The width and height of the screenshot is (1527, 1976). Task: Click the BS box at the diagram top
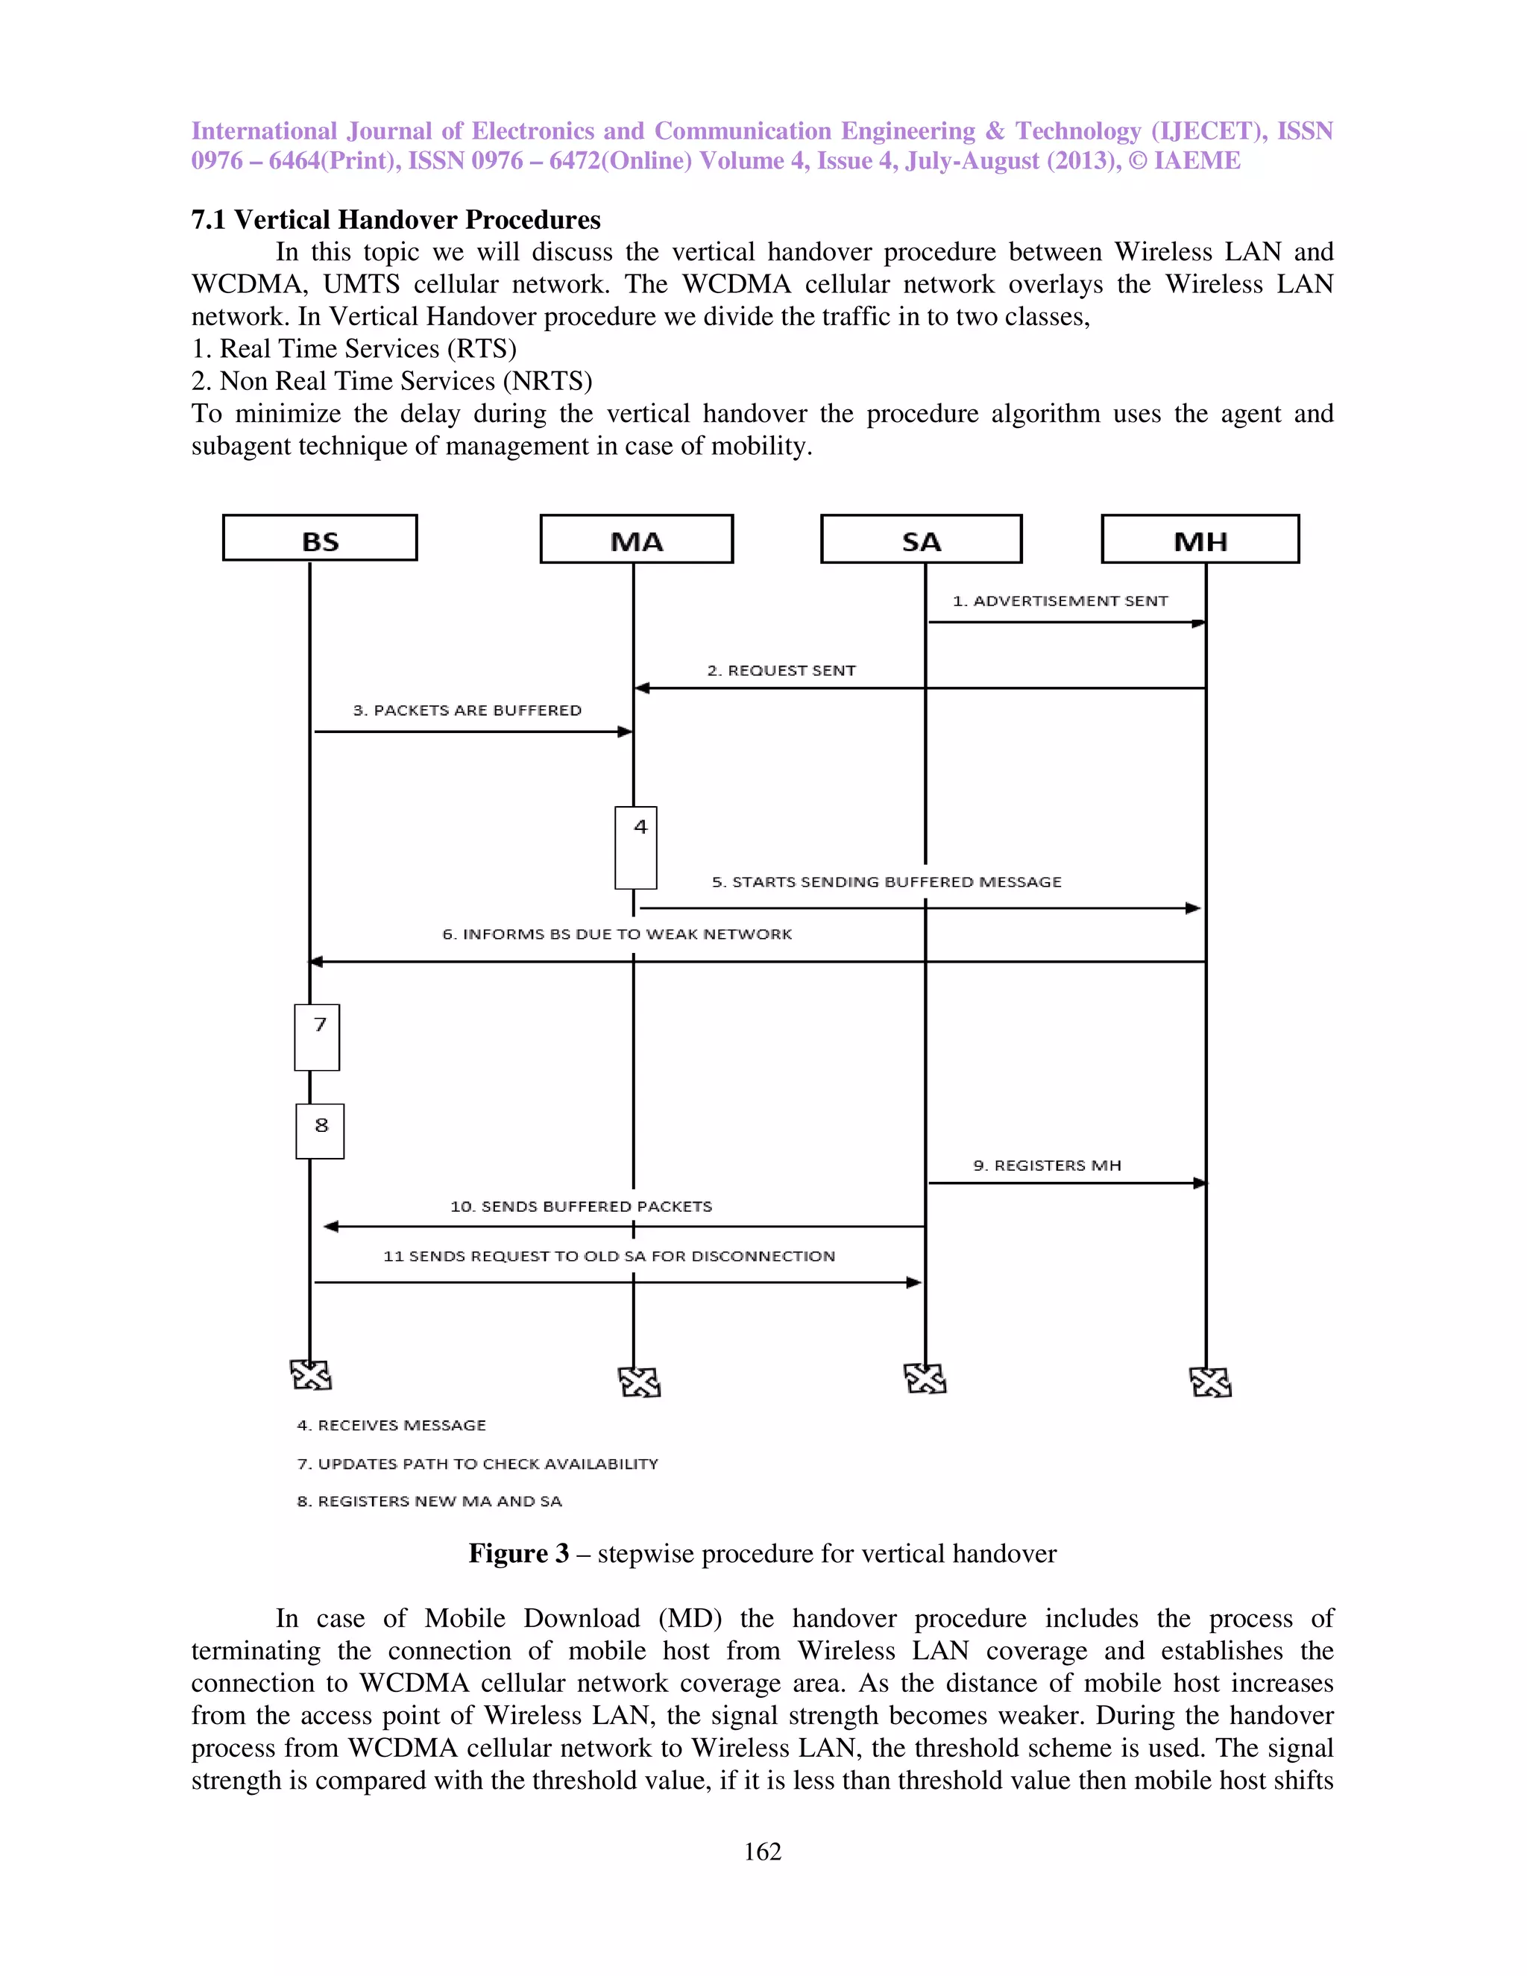tap(319, 538)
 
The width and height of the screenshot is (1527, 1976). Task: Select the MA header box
tap(636, 539)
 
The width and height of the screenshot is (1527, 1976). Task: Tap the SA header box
tap(921, 539)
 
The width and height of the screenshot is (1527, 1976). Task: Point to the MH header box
tap(1200, 539)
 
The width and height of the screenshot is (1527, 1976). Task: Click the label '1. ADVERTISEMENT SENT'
tap(1060, 601)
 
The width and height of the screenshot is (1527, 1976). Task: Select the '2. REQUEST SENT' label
tap(781, 670)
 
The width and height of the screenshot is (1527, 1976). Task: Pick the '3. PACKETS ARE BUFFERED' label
tap(467, 710)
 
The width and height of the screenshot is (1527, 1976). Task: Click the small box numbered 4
tap(636, 848)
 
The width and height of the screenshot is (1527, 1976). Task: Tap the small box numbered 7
tap(317, 1037)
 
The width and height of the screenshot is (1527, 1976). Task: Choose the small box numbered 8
tap(320, 1131)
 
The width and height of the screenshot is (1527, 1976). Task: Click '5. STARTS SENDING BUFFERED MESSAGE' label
tap(887, 882)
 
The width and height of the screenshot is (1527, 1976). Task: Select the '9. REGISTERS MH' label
tap(1047, 1165)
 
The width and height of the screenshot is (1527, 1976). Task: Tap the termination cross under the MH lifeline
tap(1209, 1382)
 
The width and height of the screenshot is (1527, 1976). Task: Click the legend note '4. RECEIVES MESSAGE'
tap(391, 1425)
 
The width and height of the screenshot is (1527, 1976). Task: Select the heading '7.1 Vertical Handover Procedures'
tap(395, 220)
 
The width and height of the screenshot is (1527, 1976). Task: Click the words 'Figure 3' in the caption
tap(518, 1553)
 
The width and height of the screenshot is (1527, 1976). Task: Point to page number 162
tap(762, 1851)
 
